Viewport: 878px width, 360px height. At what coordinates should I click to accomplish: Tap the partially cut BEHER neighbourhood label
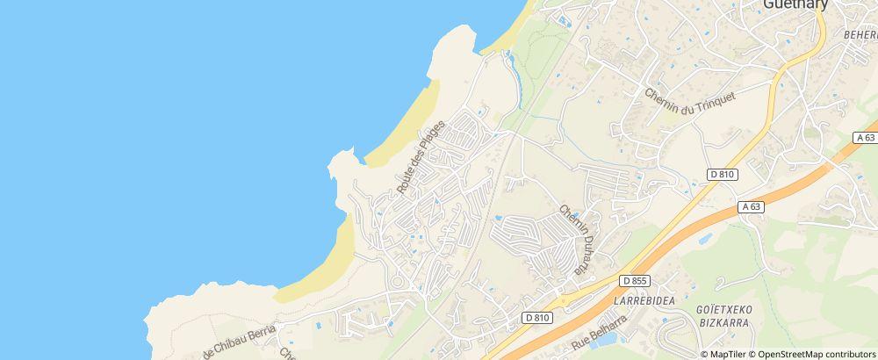860,34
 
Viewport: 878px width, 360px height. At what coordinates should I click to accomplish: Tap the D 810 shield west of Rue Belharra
538,317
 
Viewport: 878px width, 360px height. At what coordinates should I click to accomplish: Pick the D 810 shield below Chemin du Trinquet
723,175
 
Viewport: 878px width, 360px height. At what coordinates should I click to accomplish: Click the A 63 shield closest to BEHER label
866,138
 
